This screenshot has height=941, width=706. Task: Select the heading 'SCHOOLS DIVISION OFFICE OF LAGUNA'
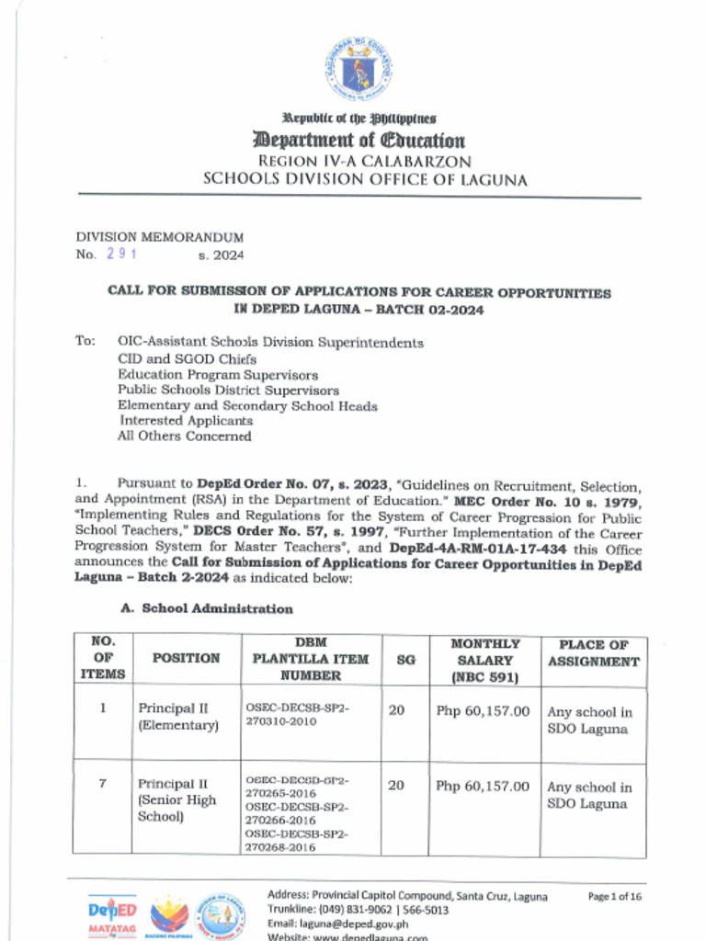tap(365, 180)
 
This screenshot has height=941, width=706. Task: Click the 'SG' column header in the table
tap(404, 659)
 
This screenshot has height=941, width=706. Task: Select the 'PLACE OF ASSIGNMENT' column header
tap(593, 652)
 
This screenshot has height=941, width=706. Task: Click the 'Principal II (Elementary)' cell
tap(177, 717)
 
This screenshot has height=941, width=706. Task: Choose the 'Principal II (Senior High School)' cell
tap(176, 800)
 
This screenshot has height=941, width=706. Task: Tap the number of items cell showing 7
tap(102, 784)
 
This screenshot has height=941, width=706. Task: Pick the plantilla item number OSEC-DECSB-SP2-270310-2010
tap(297, 715)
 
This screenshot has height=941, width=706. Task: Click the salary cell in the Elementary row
tap(483, 710)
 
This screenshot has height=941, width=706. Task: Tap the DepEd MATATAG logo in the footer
tap(112, 914)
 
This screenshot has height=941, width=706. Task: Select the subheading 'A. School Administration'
tap(207, 608)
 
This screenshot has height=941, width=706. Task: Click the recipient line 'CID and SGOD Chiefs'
tap(187, 359)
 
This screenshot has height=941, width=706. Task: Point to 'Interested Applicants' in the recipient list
tap(185, 420)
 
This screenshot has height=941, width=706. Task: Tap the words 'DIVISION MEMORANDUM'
tap(146, 237)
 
